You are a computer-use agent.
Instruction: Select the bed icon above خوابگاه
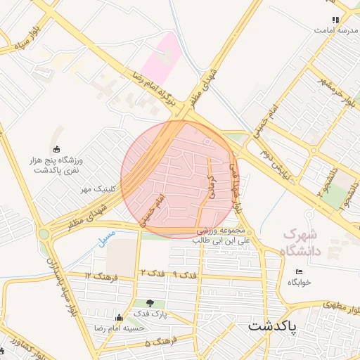[300, 271]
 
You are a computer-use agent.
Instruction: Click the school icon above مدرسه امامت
[336, 20]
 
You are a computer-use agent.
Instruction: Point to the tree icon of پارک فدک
[150, 303]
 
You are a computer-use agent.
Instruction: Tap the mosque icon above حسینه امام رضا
[118, 317]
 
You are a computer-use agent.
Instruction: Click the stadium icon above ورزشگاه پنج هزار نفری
[57, 148]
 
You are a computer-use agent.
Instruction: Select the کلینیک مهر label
[97, 190]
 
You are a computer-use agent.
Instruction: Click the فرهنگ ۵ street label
[157, 344]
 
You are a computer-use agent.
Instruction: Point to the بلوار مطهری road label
[340, 307]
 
